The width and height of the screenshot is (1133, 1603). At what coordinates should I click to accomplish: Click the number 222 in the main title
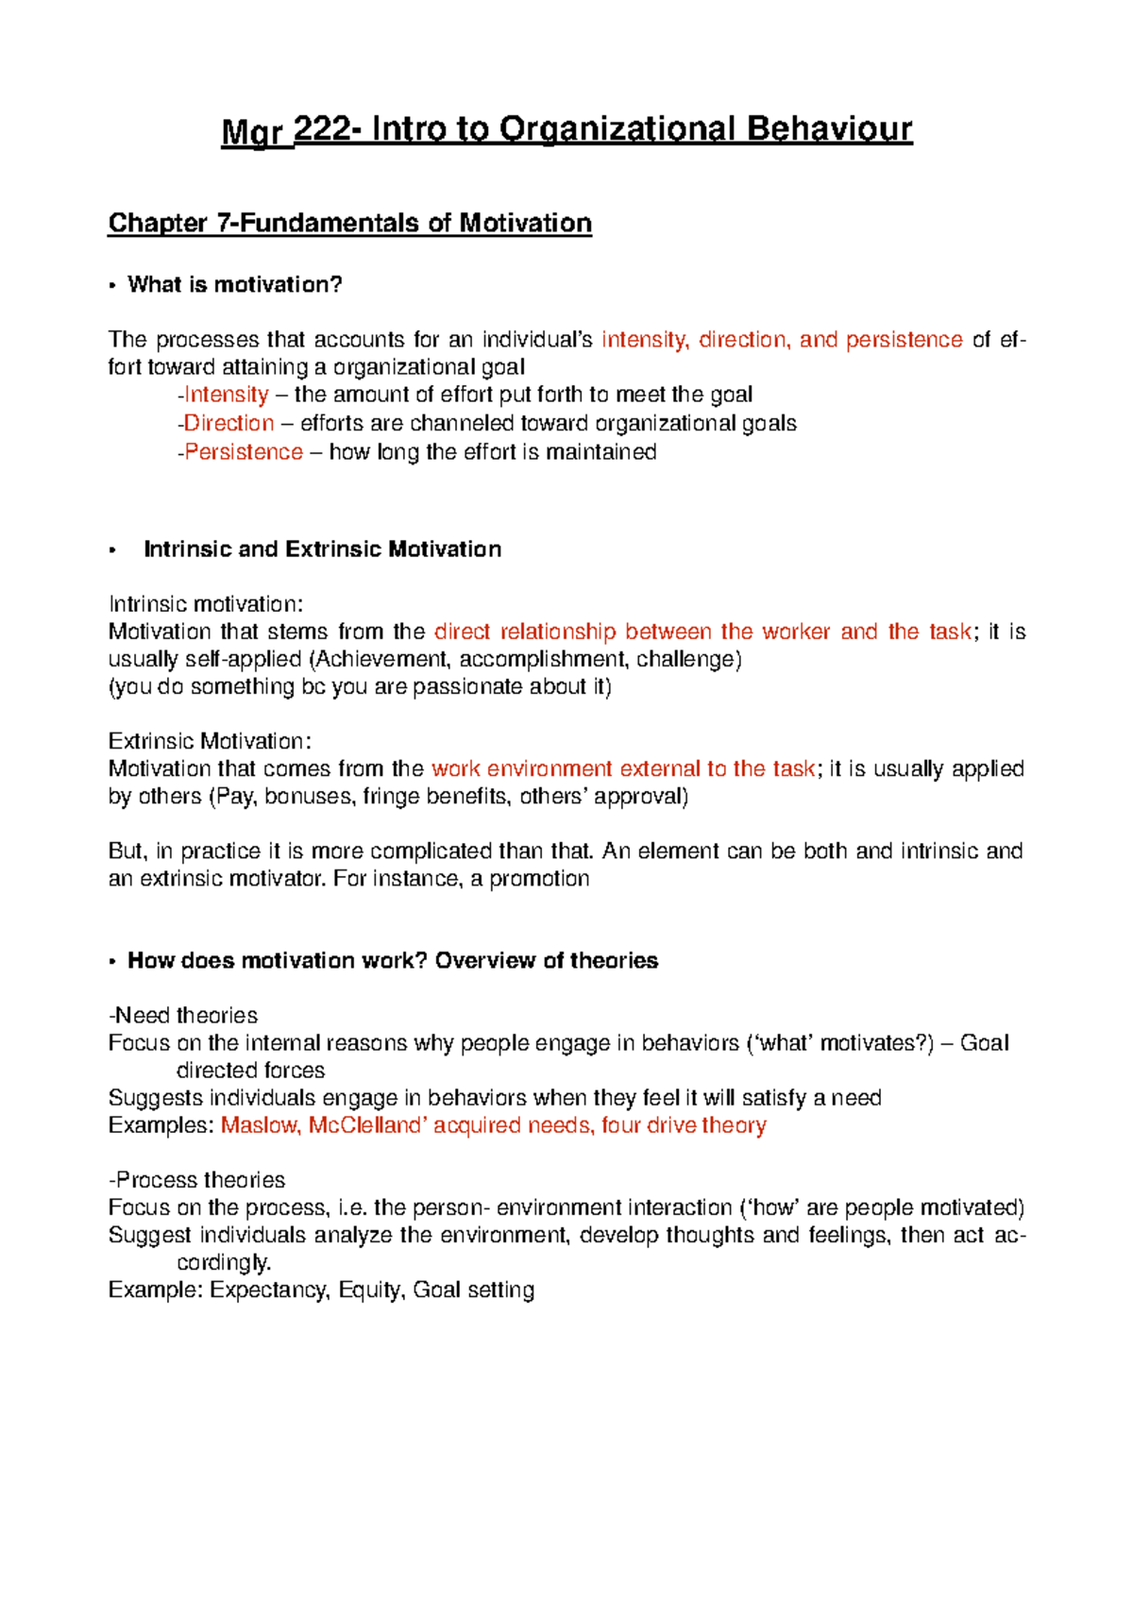pos(323,129)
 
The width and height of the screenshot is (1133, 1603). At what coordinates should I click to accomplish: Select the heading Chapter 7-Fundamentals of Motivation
pos(350,224)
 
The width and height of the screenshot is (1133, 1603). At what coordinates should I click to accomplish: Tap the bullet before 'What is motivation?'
pos(112,286)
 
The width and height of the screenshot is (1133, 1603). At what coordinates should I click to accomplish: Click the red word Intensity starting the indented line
pos(227,395)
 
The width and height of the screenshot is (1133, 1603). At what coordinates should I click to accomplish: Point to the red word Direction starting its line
pos(229,423)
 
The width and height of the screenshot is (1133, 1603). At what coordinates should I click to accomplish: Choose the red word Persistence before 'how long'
pos(244,452)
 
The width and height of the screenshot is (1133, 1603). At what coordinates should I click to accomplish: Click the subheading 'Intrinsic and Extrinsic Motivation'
pos(322,549)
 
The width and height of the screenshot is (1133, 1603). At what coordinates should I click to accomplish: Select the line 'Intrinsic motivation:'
pos(206,604)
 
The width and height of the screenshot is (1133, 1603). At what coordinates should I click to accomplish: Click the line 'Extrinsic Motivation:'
pos(210,741)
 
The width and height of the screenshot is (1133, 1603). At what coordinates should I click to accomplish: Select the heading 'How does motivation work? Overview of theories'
pos(393,961)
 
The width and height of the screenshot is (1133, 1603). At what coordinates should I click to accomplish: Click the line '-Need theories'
pos(183,1016)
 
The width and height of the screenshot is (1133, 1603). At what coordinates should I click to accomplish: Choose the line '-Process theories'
pos(196,1180)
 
